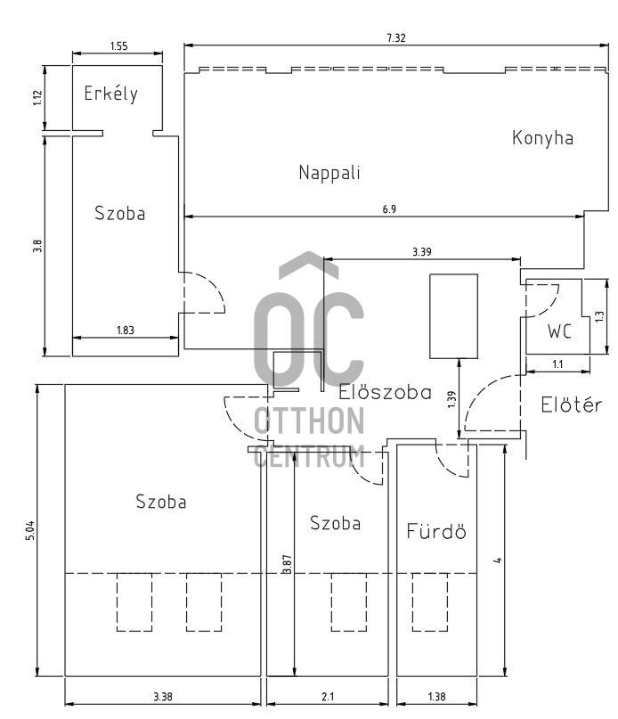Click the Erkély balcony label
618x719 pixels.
(111, 94)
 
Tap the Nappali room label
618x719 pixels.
(329, 172)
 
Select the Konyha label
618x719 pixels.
(542, 138)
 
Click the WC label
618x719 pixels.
(559, 331)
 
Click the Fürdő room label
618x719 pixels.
(436, 532)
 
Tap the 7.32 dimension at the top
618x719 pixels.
(397, 38)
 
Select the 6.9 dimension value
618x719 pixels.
(389, 208)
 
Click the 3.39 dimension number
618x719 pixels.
(423, 252)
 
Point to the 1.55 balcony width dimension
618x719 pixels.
(118, 45)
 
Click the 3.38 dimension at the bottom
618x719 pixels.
(163, 695)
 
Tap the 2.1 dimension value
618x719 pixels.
(327, 695)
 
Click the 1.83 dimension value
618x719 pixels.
(126, 331)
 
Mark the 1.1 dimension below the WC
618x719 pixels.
(558, 364)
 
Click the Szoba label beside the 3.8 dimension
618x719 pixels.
(119, 214)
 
